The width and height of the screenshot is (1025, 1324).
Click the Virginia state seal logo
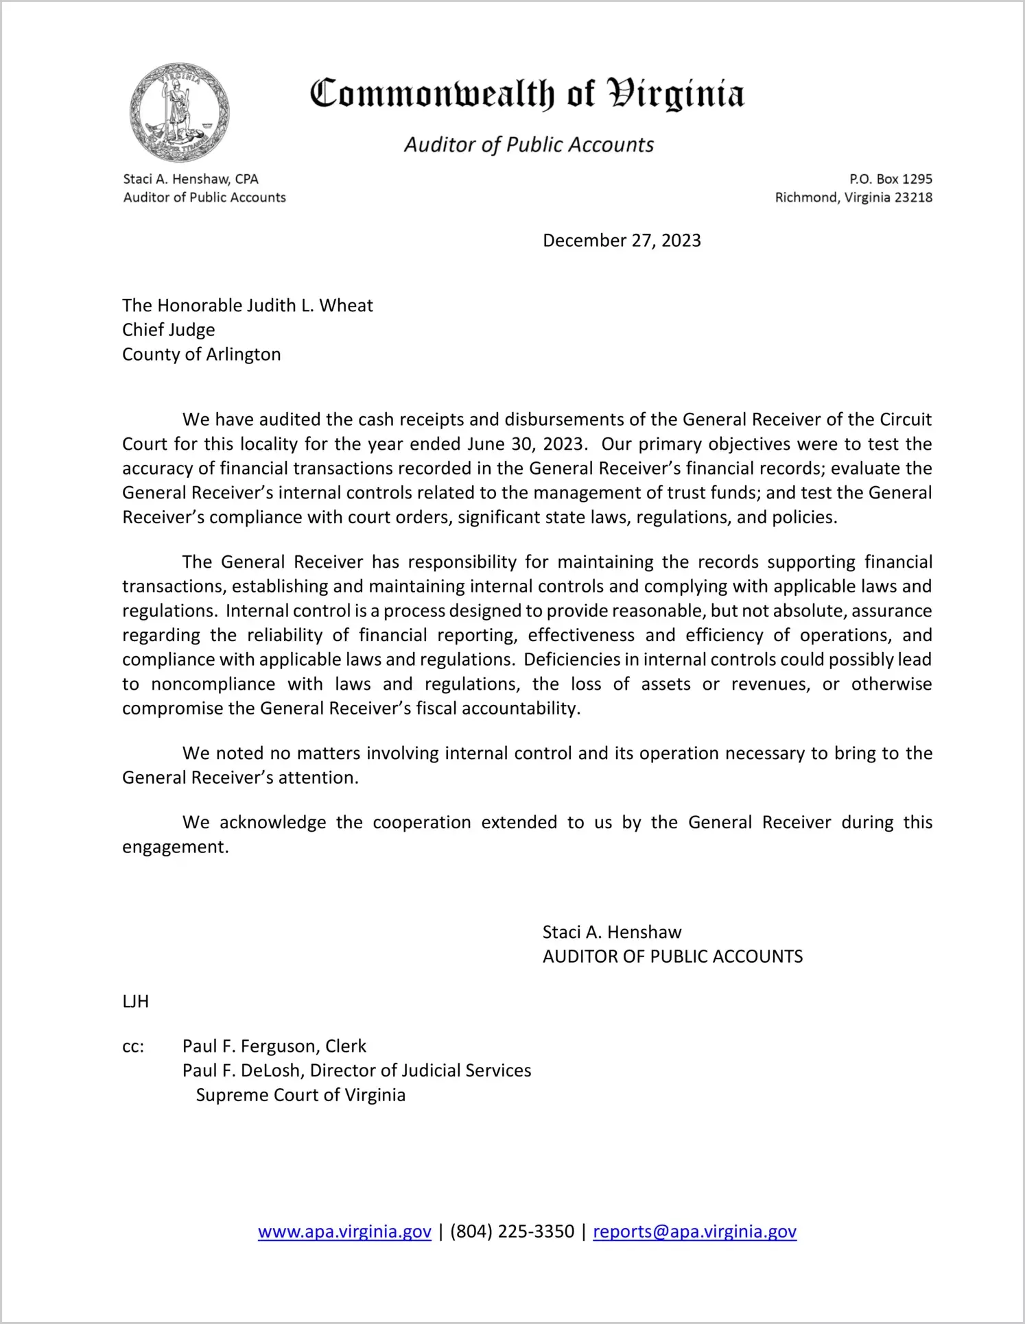tap(179, 112)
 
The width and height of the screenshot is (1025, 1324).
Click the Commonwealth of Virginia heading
tap(527, 94)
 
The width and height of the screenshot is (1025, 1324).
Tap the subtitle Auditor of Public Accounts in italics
tap(528, 145)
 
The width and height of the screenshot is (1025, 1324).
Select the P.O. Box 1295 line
tap(891, 179)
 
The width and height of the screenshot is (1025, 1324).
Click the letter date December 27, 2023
tap(622, 241)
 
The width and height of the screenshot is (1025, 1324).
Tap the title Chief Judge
tap(169, 330)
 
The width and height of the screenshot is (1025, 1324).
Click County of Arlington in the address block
tap(202, 354)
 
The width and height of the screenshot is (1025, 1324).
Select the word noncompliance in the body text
tap(213, 684)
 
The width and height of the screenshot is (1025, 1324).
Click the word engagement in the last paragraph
tap(175, 847)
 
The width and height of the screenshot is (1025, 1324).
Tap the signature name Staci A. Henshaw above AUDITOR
tap(612, 932)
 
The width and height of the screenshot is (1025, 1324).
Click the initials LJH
tap(136, 1002)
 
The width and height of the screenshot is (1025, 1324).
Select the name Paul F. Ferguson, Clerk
tap(274, 1046)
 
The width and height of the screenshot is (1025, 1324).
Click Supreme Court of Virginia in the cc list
tap(301, 1095)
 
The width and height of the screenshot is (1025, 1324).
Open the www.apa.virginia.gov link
tap(344, 1231)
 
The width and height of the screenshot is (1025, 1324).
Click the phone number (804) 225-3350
tap(512, 1231)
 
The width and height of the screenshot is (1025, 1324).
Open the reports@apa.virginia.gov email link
tap(694, 1231)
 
